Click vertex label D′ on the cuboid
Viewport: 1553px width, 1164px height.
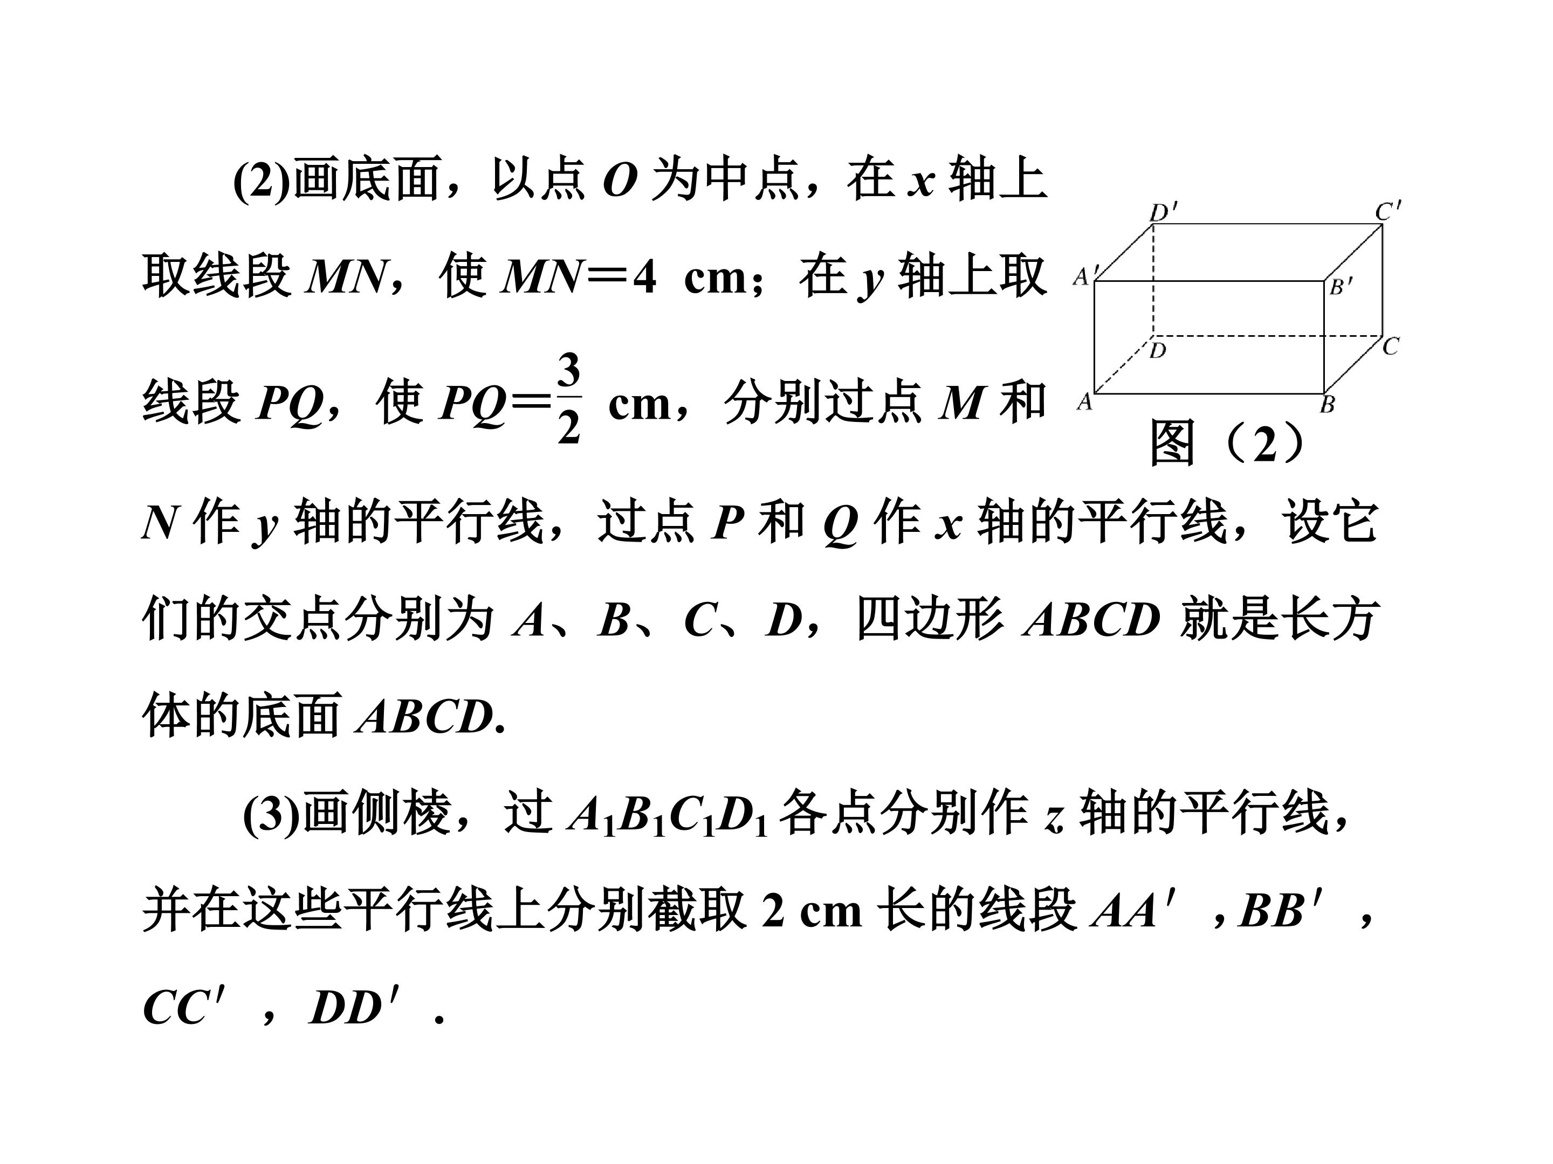coord(1163,211)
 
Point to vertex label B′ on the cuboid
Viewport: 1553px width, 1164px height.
coord(1341,286)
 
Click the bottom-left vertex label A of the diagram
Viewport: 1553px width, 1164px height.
coord(1085,402)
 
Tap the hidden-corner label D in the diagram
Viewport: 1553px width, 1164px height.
coord(1158,350)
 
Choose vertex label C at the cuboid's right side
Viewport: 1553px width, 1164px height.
coord(1390,346)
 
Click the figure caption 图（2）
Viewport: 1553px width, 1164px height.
coord(1228,444)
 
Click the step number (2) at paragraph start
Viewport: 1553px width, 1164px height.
coord(261,179)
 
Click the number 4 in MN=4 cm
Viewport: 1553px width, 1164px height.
coord(644,278)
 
